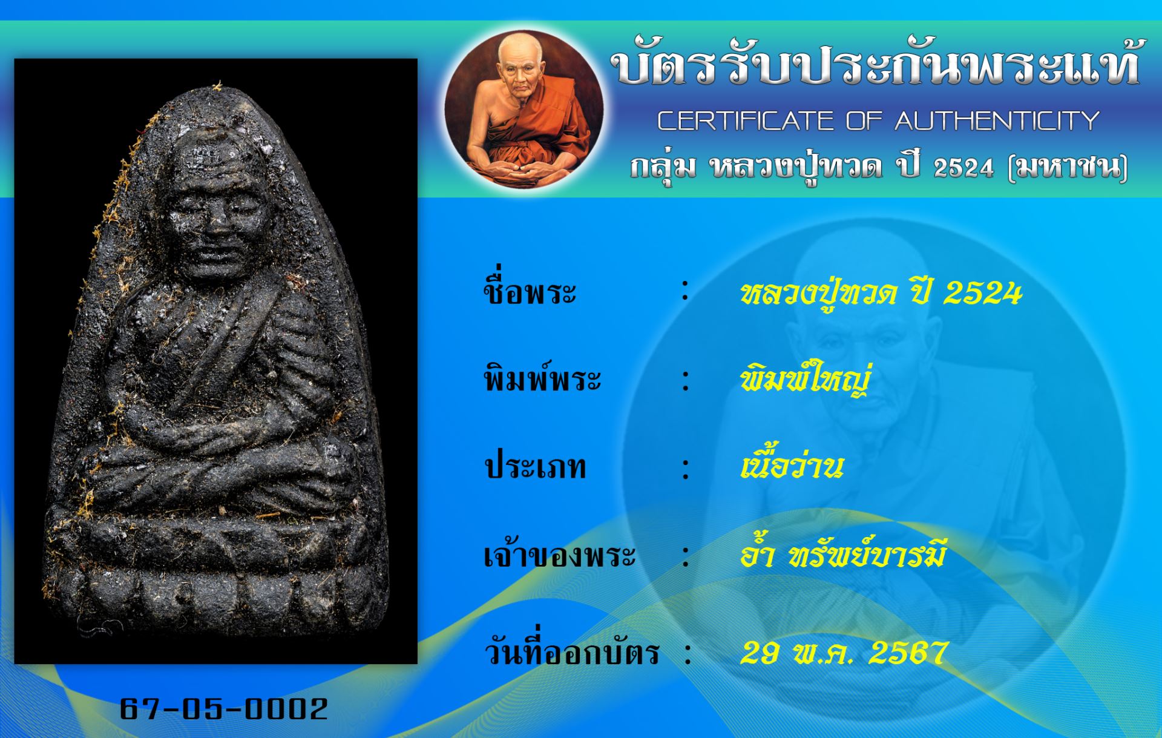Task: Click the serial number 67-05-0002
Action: tap(224, 708)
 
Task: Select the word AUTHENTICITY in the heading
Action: tap(997, 120)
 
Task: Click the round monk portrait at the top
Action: tap(524, 108)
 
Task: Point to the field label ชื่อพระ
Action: tap(530, 291)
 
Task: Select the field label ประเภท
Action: tap(535, 467)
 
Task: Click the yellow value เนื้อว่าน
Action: tap(792, 465)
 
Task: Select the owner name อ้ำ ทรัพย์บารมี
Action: tap(842, 553)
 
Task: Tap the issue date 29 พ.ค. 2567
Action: tap(843, 653)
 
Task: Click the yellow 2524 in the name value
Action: tap(982, 293)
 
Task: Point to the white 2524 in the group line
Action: tap(963, 168)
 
